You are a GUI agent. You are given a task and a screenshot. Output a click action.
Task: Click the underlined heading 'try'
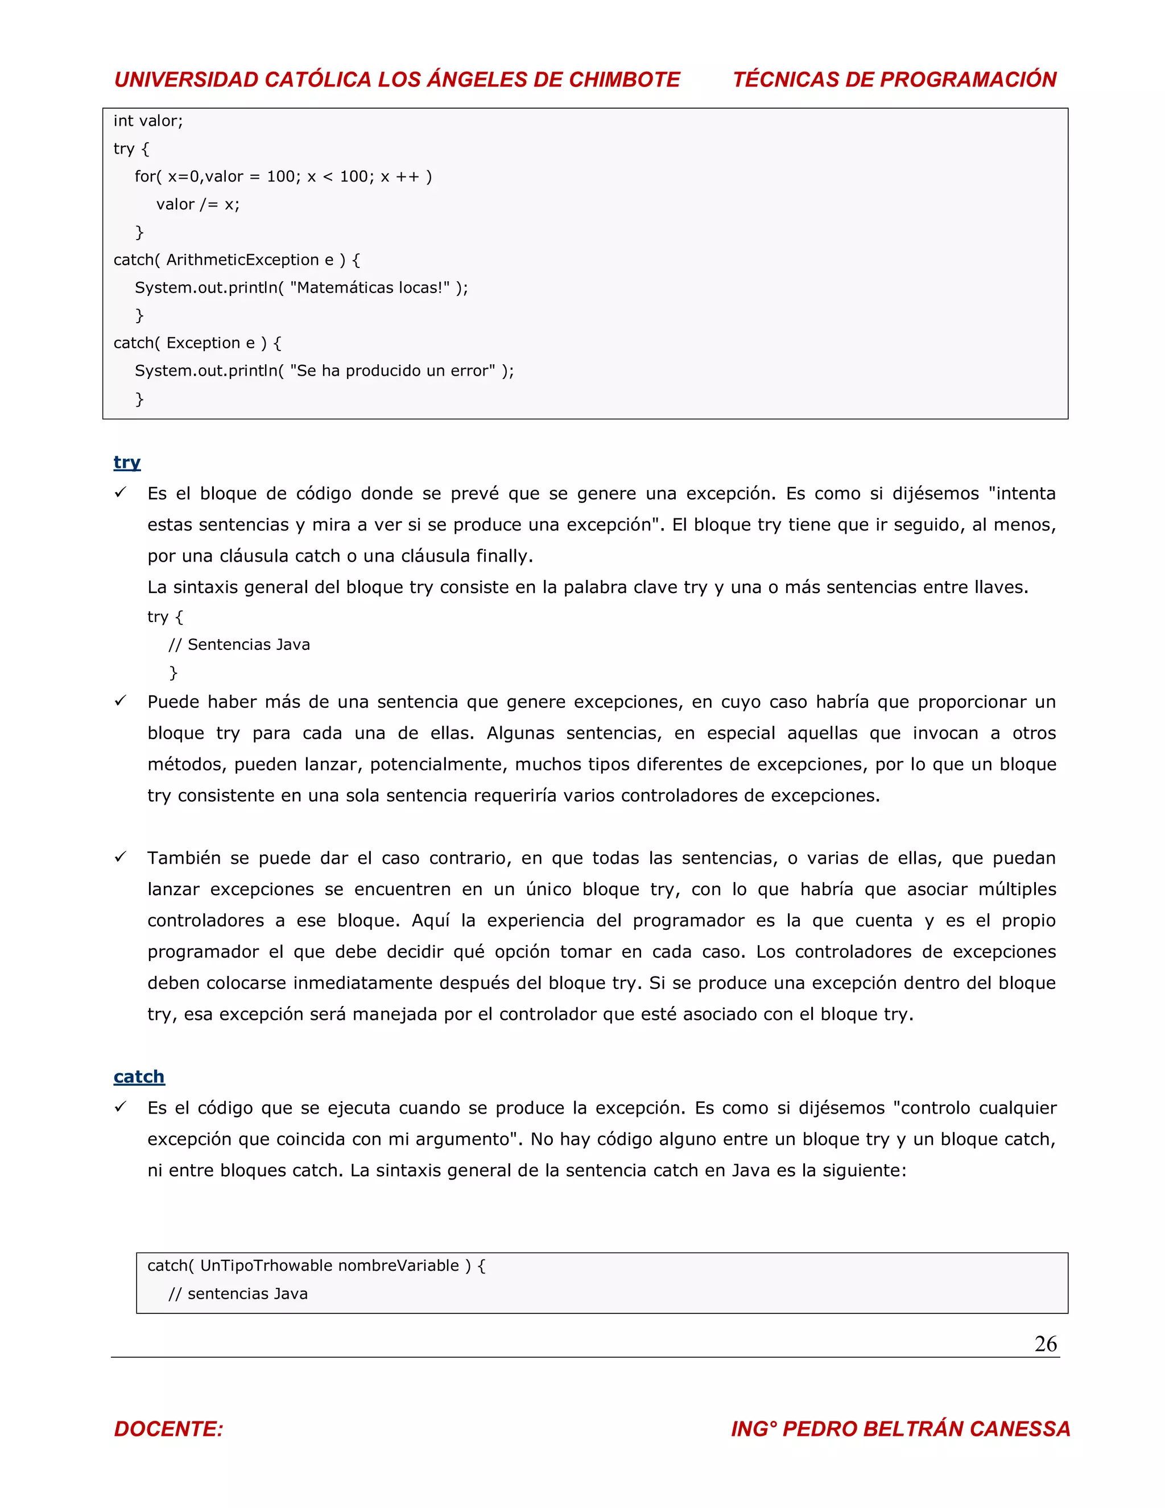pyautogui.click(x=127, y=462)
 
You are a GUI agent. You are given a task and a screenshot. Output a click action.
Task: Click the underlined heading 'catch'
pyautogui.click(x=139, y=1077)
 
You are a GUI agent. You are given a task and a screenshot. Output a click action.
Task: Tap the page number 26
pyautogui.click(x=1045, y=1344)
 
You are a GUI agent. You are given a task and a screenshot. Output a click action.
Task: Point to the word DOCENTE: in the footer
pyautogui.click(x=169, y=1428)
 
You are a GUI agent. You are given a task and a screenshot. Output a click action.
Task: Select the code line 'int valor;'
pyautogui.click(x=148, y=122)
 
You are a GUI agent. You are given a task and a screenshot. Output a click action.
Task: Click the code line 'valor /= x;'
pyautogui.click(x=198, y=204)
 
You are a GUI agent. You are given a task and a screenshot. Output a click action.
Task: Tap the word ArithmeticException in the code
pyautogui.click(x=242, y=260)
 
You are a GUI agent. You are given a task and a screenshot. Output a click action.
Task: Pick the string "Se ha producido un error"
pyautogui.click(x=392, y=371)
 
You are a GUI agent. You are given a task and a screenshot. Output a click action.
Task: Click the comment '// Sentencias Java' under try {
pyautogui.click(x=239, y=645)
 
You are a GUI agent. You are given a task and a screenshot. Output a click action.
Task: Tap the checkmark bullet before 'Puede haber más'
pyautogui.click(x=121, y=701)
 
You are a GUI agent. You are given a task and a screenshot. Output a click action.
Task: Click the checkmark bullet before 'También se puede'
pyautogui.click(x=121, y=857)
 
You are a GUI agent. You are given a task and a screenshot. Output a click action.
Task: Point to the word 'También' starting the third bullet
pyautogui.click(x=183, y=858)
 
